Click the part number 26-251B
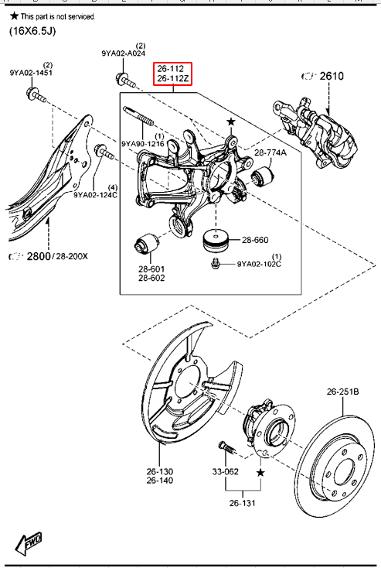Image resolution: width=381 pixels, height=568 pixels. pyautogui.click(x=342, y=392)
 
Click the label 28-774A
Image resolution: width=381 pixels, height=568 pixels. pyautogui.click(x=270, y=152)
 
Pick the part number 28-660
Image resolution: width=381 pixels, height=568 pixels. pyautogui.click(x=255, y=240)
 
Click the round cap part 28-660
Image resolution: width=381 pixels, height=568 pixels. pyautogui.click(x=216, y=241)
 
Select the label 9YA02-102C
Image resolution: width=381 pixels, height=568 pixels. pyautogui.click(x=259, y=264)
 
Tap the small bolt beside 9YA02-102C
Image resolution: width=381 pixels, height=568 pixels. pyautogui.click(x=216, y=263)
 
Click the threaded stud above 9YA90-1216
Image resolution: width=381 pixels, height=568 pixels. pyautogui.click(x=138, y=116)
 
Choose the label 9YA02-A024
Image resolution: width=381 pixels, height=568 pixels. pyautogui.click(x=124, y=53)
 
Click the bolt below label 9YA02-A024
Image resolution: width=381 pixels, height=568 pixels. pyautogui.click(x=125, y=80)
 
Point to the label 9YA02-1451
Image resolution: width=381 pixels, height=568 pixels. pyautogui.click(x=31, y=73)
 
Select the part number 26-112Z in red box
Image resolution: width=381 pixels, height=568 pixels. pyautogui.click(x=173, y=78)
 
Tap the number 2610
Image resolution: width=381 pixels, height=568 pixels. pyautogui.click(x=332, y=76)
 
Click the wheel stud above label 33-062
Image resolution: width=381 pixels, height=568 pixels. pyautogui.click(x=227, y=448)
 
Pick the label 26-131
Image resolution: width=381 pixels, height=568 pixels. pyautogui.click(x=243, y=503)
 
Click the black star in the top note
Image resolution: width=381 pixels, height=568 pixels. pyautogui.click(x=14, y=15)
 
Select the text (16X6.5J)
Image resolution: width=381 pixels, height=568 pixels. pyautogui.click(x=32, y=31)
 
